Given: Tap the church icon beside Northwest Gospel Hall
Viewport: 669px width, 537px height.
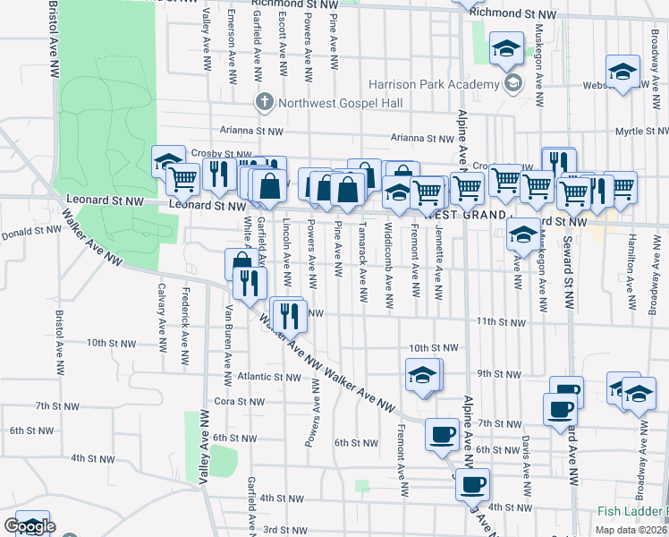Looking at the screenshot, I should tap(264, 102).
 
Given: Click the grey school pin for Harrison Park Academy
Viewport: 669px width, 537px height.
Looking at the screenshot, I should tap(513, 85).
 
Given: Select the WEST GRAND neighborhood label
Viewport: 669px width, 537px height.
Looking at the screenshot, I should tap(462, 215).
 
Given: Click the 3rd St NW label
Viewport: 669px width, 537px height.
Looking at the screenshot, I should tap(285, 531).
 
